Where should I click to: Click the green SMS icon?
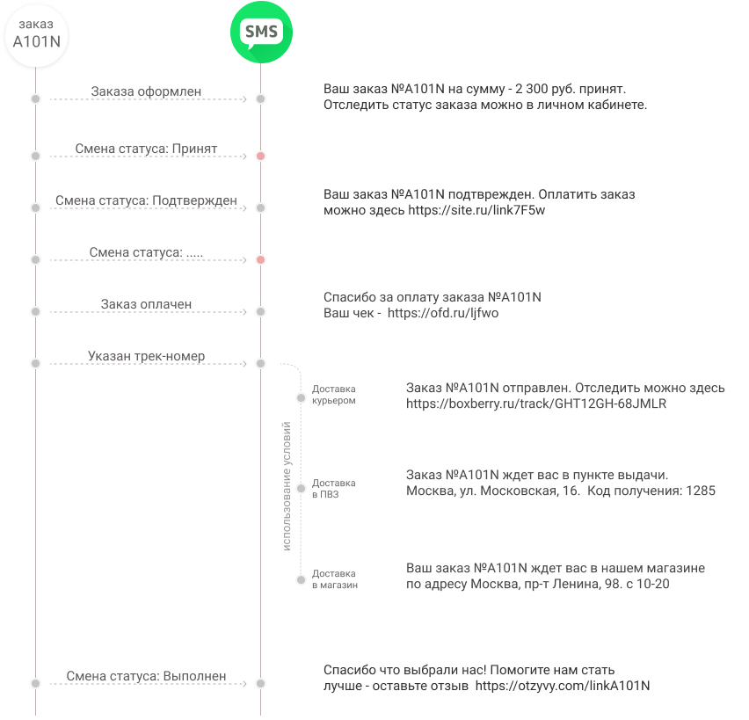[261, 32]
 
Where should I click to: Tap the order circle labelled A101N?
[36, 35]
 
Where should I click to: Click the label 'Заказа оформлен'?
[146, 91]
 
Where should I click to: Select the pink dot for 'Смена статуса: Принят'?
[260, 156]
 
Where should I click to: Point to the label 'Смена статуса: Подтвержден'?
[146, 200]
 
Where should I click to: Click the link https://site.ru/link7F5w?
[476, 210]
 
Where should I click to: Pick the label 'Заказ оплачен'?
[146, 304]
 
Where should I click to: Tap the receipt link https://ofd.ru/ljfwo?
[443, 314]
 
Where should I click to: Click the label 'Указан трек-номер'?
[146, 356]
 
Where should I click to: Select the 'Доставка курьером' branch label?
[334, 395]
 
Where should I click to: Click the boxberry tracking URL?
[536, 404]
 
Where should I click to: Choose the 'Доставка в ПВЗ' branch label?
[334, 489]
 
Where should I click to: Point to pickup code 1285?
[701, 491]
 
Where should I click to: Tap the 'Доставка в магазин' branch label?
[335, 579]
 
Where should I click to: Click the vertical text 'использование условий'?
[287, 486]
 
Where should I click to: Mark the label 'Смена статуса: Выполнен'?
[146, 676]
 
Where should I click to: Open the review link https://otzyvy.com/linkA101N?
[563, 686]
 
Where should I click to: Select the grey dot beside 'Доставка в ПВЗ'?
[301, 488]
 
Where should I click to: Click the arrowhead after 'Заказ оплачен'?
[244, 312]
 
